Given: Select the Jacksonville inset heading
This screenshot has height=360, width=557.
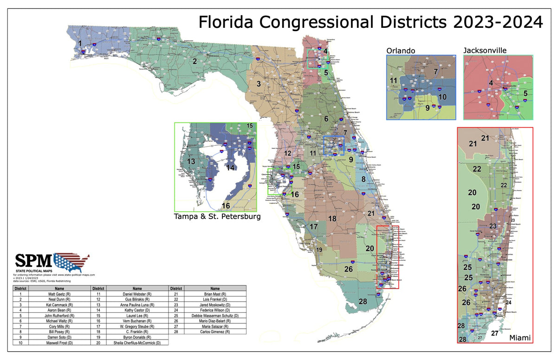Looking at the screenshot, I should pyautogui.click(x=485, y=50).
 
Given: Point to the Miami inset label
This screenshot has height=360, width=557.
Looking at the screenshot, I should pyautogui.click(x=520, y=338).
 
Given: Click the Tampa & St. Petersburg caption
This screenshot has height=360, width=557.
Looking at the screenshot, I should pyautogui.click(x=217, y=216).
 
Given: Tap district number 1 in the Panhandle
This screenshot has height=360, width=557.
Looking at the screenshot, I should pyautogui.click(x=80, y=44).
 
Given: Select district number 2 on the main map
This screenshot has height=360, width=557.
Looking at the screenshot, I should pyautogui.click(x=195, y=61).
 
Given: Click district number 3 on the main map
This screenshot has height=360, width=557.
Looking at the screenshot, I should pyautogui.click(x=259, y=84).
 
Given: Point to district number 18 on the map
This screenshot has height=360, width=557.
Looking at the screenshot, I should pyautogui.click(x=332, y=219).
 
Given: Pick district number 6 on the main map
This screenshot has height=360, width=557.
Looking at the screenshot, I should pyautogui.click(x=326, y=119).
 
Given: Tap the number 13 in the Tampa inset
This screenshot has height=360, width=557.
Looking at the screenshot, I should pyautogui.click(x=191, y=161).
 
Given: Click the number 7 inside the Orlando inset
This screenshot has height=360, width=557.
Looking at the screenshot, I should pyautogui.click(x=435, y=72).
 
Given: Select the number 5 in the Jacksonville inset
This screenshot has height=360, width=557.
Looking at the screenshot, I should pyautogui.click(x=525, y=94).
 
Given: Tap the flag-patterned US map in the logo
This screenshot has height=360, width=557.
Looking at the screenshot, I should pyautogui.click(x=72, y=262).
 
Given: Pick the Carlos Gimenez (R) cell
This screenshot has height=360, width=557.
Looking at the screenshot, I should pyautogui.click(x=215, y=333).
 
